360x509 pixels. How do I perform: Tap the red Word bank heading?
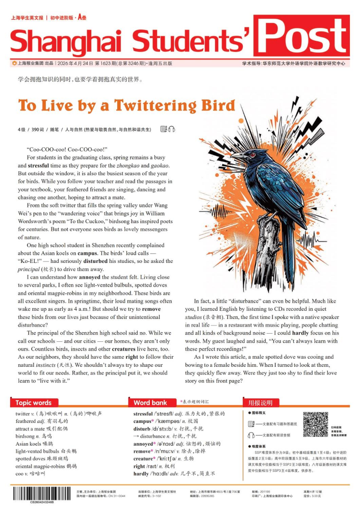click(x=150, y=403)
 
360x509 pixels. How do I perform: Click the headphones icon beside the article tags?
click(x=171, y=129)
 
